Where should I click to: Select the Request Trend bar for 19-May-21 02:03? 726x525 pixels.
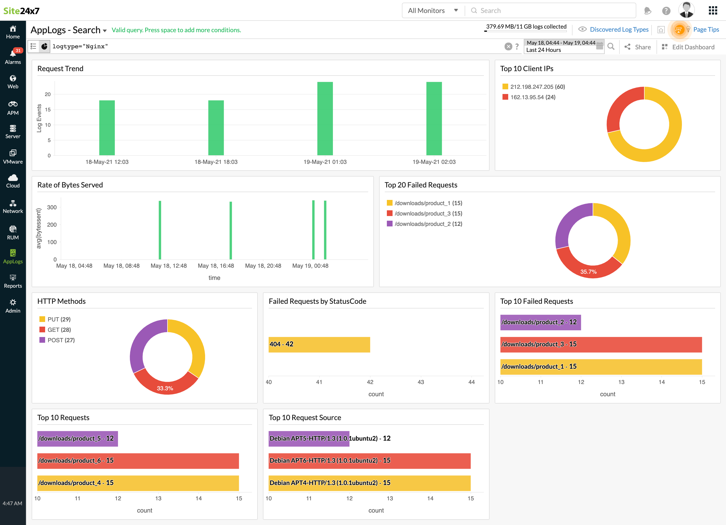coord(434,119)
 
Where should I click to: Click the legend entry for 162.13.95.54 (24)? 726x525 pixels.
coord(532,97)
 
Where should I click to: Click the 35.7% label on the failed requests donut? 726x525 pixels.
coord(588,272)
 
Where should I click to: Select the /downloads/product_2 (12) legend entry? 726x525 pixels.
coord(428,224)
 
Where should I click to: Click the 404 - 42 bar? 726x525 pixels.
coord(319,345)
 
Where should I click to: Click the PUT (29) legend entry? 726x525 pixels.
coord(59,319)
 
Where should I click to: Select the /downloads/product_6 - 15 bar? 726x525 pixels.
coord(138,461)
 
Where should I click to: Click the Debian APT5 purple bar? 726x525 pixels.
coord(309,439)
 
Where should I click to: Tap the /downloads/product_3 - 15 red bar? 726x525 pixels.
coord(601,345)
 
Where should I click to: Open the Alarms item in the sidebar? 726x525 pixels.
coord(13,56)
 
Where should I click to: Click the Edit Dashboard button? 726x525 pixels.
coord(688,47)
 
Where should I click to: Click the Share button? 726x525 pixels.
coord(638,47)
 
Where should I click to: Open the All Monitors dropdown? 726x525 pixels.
coord(432,11)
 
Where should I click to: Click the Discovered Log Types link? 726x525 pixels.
coord(619,30)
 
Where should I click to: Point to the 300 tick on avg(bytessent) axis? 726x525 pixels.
coord(52,207)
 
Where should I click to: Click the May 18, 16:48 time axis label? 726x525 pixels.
coord(216,266)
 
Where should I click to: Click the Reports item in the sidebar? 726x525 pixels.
coord(13,281)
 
